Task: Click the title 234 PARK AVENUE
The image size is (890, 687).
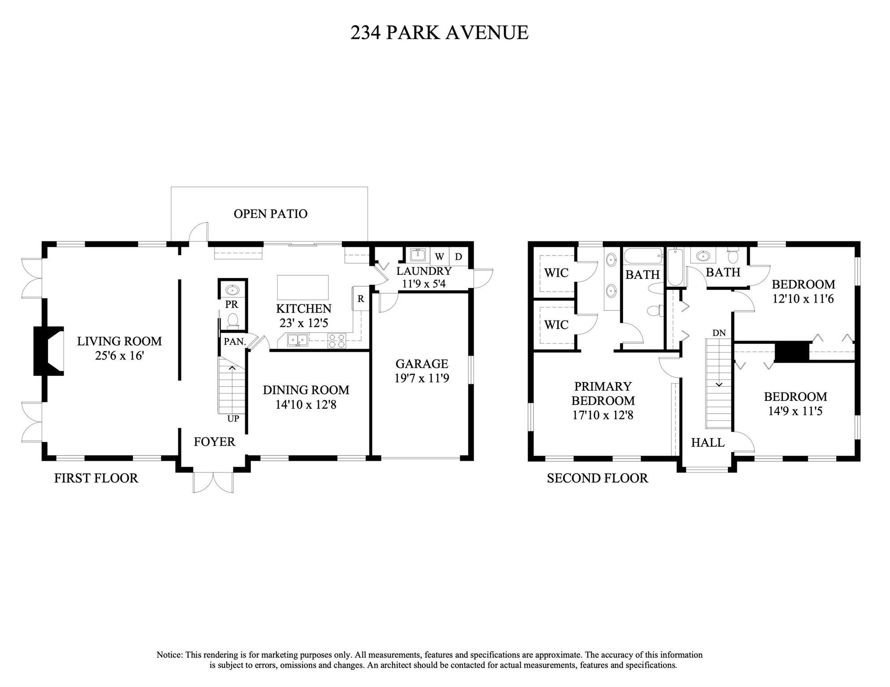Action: pyautogui.click(x=439, y=33)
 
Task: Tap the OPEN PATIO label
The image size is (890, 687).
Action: pyautogui.click(x=271, y=214)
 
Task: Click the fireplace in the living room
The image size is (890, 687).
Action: pyautogui.click(x=47, y=351)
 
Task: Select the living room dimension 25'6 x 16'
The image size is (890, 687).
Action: pyautogui.click(x=119, y=356)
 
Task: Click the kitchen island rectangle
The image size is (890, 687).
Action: pyautogui.click(x=303, y=287)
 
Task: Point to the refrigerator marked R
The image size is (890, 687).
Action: pyautogui.click(x=361, y=299)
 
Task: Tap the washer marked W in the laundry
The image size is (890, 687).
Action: pyautogui.click(x=439, y=257)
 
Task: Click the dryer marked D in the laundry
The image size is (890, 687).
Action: pyautogui.click(x=458, y=257)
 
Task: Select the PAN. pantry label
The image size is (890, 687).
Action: pyautogui.click(x=235, y=342)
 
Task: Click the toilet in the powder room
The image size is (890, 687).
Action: pyautogui.click(x=232, y=320)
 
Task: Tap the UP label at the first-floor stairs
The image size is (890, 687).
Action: pyautogui.click(x=233, y=419)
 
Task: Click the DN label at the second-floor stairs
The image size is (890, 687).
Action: pyautogui.click(x=719, y=333)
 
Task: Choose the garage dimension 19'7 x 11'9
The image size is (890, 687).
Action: pyautogui.click(x=421, y=379)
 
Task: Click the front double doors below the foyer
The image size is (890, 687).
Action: pyautogui.click(x=213, y=482)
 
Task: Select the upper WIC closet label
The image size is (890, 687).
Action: pyautogui.click(x=556, y=273)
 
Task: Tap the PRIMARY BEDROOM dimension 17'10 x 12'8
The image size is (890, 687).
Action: pyautogui.click(x=603, y=415)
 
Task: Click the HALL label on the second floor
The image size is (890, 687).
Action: pyautogui.click(x=708, y=443)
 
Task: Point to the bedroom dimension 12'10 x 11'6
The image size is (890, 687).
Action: pyautogui.click(x=803, y=299)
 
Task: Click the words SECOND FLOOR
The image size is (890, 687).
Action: pyautogui.click(x=597, y=478)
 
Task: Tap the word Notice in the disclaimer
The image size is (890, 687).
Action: pyautogui.click(x=169, y=655)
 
